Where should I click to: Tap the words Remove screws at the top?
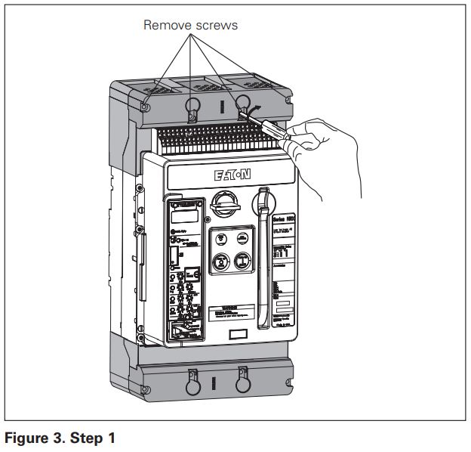pyautogui.click(x=190, y=26)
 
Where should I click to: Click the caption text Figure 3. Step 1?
pyautogui.click(x=60, y=438)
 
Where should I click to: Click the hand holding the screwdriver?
pyautogui.click(x=321, y=147)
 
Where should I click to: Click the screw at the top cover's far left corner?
pyautogui.click(x=146, y=107)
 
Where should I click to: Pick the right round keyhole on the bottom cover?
pyautogui.click(x=242, y=383)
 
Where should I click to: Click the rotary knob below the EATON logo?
pyautogui.click(x=225, y=203)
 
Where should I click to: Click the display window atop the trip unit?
pyautogui.click(x=183, y=216)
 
